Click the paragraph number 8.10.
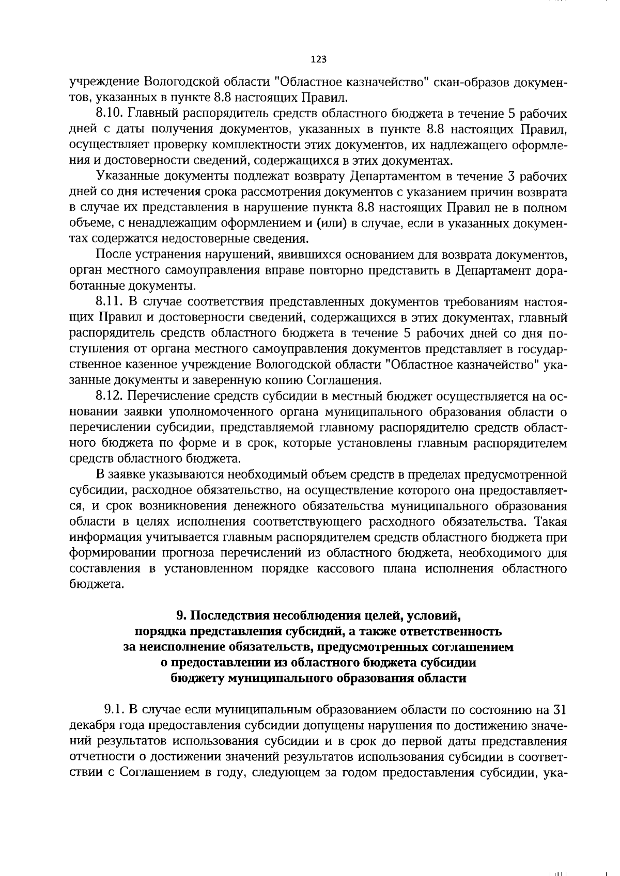[x=109, y=113]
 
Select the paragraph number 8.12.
[x=109, y=396]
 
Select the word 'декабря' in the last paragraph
[x=89, y=725]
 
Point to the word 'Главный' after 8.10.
[x=153, y=113]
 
